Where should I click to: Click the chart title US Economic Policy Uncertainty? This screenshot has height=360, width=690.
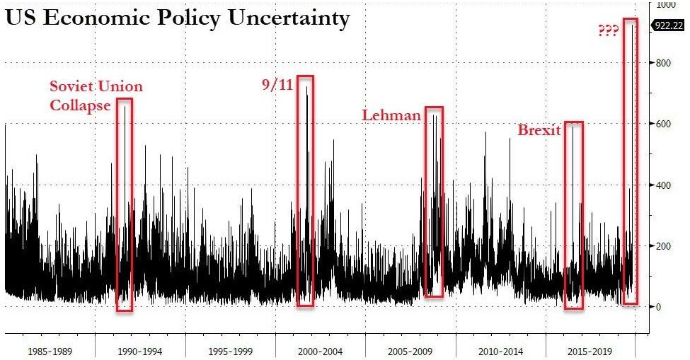coord(178,19)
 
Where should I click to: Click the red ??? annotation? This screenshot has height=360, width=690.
coord(608,32)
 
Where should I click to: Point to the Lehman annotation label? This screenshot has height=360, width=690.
coord(391,115)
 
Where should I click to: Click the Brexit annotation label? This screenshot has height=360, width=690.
coord(539,130)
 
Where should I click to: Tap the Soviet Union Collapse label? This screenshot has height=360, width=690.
coord(96,95)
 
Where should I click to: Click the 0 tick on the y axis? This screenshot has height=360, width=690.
coord(659,307)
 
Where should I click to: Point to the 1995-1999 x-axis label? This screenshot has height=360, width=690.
coord(230,350)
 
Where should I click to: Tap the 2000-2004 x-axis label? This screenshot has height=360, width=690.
coord(320,350)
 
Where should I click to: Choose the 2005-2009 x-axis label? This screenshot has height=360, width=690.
coord(410,350)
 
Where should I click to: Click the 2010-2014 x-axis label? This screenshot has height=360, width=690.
coord(500,350)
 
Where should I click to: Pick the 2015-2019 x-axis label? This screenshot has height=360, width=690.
coord(590,350)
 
